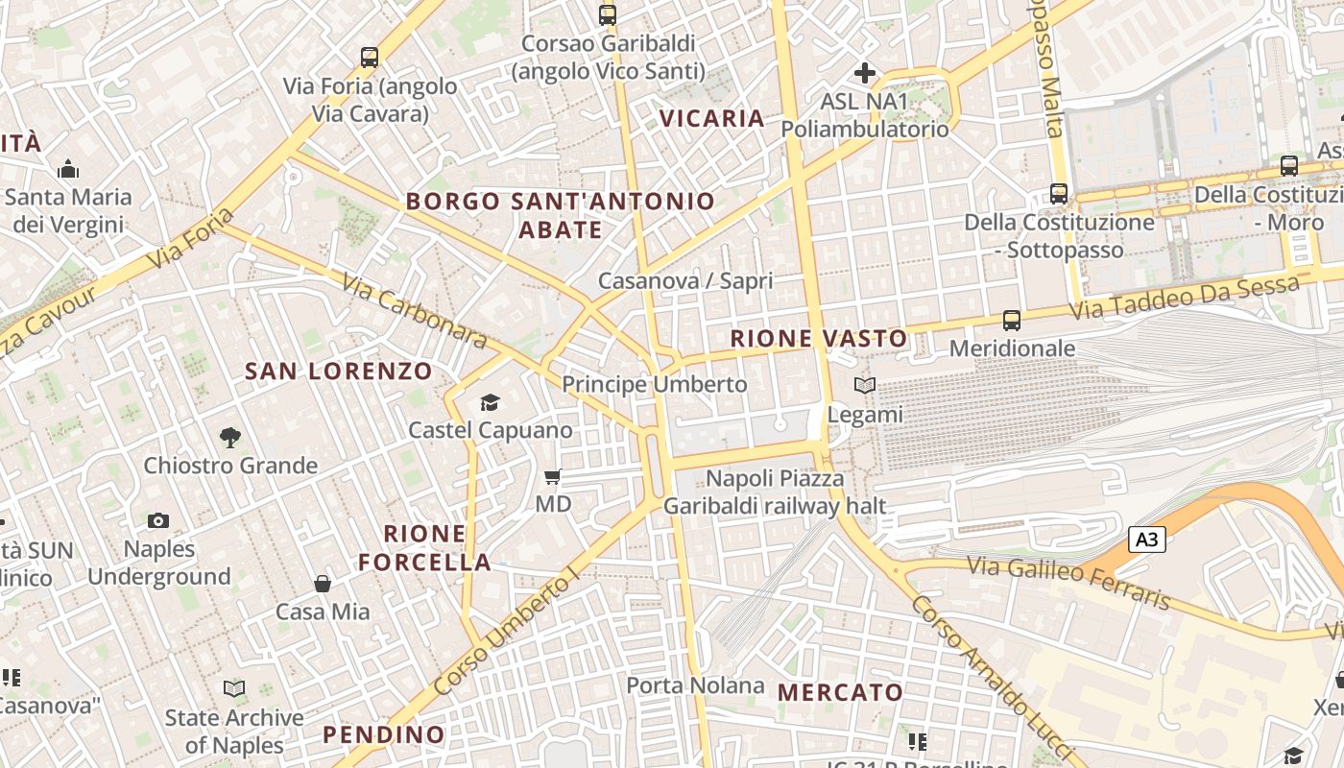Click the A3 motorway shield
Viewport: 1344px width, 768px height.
[x=1146, y=540]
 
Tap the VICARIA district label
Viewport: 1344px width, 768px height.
[x=712, y=118]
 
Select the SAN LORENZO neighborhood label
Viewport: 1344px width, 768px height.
[x=339, y=371]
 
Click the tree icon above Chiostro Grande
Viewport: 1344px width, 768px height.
[x=230, y=438]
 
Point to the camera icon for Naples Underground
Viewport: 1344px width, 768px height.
[x=158, y=521]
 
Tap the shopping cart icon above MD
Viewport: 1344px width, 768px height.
[x=552, y=476]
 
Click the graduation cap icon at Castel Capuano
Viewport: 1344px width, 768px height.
[x=490, y=402]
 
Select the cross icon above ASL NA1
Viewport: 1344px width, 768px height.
[x=864, y=72]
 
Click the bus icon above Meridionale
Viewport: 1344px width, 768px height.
[x=1011, y=320]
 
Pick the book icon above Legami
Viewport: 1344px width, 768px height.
[x=864, y=386]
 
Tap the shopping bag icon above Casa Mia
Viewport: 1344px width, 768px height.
[x=323, y=584]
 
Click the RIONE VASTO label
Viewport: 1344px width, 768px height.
[x=818, y=338]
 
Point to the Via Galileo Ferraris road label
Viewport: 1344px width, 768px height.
[x=1069, y=581]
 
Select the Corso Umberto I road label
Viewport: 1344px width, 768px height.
[x=507, y=631]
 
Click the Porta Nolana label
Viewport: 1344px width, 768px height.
[x=695, y=685]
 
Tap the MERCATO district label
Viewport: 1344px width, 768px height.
[x=840, y=692]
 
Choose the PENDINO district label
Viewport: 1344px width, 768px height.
[x=384, y=734]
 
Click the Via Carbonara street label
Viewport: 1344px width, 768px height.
[x=415, y=311]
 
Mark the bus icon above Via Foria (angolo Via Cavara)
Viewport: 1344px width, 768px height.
[x=370, y=57]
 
